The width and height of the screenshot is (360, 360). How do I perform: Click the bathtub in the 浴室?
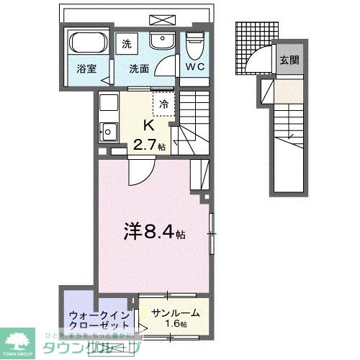pos(87,43)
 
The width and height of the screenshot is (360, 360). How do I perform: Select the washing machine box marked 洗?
pos(127,42)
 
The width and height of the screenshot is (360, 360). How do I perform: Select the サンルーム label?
pos(176,314)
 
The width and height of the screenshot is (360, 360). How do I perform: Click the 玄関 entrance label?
pos(291,60)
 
